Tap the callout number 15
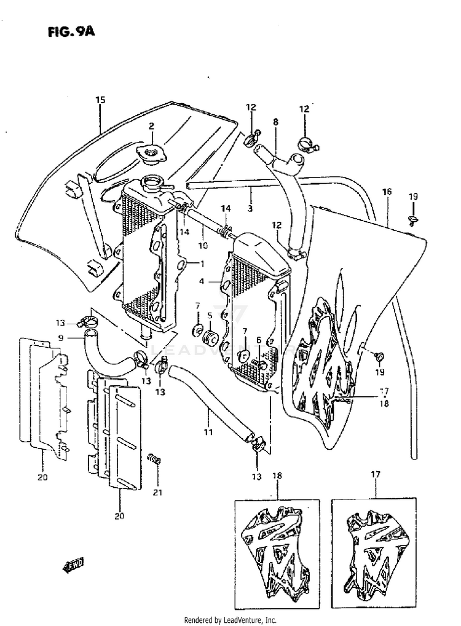coord(100,100)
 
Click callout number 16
coord(386,192)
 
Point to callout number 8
coord(275,122)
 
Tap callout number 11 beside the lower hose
coord(208,432)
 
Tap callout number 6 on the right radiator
coord(259,340)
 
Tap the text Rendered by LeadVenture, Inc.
coord(230,620)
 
